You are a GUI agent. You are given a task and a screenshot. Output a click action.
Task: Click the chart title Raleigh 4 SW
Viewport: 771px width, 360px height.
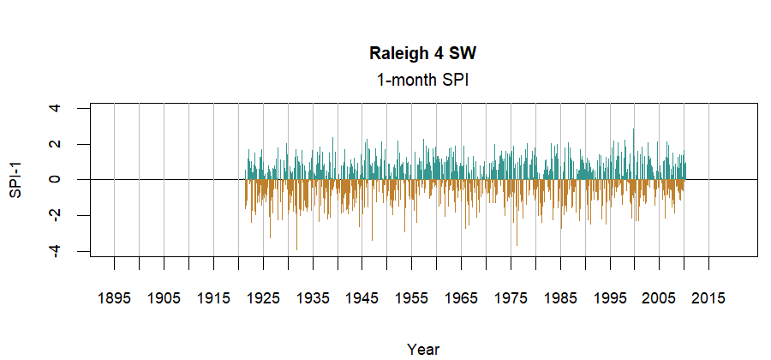click(421, 54)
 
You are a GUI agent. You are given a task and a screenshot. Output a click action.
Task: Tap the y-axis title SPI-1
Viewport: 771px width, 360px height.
click(15, 180)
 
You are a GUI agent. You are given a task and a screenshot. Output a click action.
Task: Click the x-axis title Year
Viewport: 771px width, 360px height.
click(423, 349)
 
